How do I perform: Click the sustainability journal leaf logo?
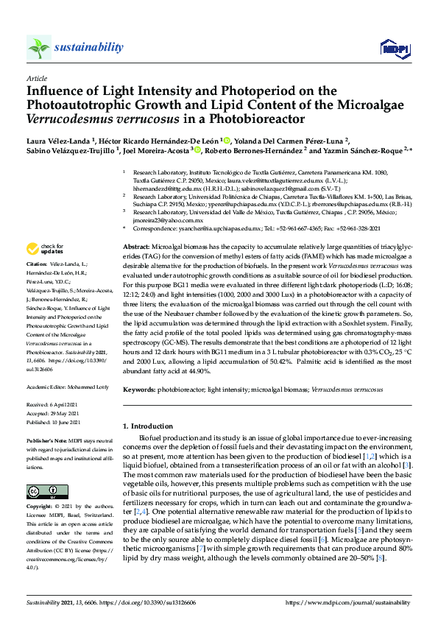tap(38, 48)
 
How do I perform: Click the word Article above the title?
tap(36, 78)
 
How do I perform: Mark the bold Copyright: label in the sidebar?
tap(40, 508)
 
